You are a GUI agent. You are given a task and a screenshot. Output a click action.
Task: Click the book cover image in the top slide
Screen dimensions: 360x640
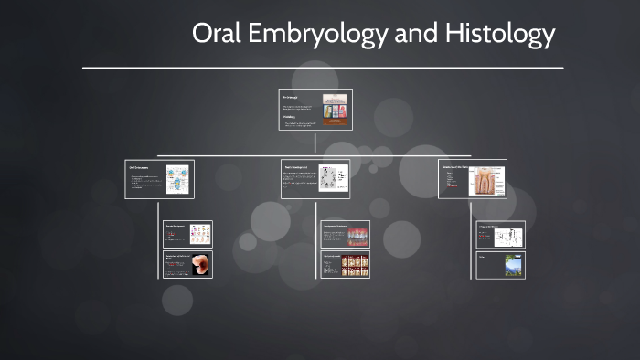(x=335, y=110)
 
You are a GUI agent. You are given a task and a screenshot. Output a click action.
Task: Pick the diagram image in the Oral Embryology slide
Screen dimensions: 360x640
(x=176, y=178)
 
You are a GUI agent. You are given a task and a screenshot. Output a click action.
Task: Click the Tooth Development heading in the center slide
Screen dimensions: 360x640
(x=298, y=168)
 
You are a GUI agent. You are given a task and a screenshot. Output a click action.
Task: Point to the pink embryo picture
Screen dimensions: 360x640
(x=199, y=264)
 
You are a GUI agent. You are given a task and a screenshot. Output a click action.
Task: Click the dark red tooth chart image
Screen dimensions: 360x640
(x=357, y=265)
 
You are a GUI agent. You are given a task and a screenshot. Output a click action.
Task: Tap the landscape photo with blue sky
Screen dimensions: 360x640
(x=513, y=265)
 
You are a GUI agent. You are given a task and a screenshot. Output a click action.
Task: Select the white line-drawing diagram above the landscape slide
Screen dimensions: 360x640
(x=506, y=235)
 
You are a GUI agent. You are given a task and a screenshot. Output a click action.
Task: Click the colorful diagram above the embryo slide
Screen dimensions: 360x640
(x=199, y=234)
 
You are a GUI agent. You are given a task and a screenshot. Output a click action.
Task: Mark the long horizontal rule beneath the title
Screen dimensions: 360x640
(x=322, y=68)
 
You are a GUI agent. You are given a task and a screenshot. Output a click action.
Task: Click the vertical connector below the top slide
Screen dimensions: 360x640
(x=315, y=142)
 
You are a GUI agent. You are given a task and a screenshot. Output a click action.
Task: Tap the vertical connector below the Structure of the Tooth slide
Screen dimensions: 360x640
(x=473, y=209)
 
